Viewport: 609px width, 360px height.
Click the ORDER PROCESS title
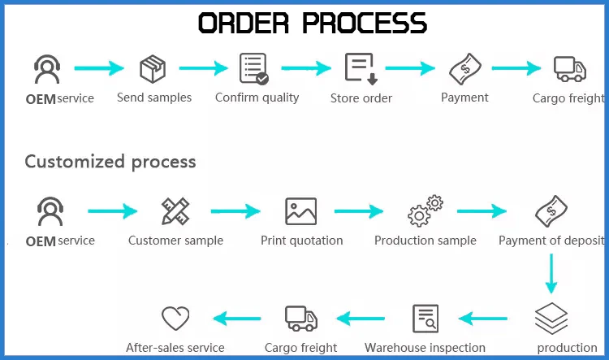click(x=313, y=24)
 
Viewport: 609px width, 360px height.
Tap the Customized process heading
click(x=110, y=162)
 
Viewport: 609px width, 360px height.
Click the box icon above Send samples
click(x=153, y=68)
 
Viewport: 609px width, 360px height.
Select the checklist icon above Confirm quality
click(x=253, y=68)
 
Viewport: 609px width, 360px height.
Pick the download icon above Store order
click(x=360, y=68)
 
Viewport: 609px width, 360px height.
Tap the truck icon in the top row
click(x=569, y=68)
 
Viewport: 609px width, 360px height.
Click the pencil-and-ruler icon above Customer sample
click(x=175, y=211)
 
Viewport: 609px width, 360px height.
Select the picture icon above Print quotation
click(x=300, y=211)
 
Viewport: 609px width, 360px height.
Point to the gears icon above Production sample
click(x=425, y=211)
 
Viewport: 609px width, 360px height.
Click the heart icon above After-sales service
click(x=175, y=318)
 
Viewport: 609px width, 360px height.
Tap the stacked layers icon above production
click(x=551, y=318)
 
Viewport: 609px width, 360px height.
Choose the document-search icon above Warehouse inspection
click(x=425, y=318)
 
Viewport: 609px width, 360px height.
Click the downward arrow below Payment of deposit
click(x=551, y=273)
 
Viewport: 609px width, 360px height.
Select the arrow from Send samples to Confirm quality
click(x=204, y=68)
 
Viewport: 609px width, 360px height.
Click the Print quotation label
click(x=301, y=241)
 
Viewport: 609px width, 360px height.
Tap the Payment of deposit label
click(x=551, y=241)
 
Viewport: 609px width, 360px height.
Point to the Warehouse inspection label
click(x=425, y=348)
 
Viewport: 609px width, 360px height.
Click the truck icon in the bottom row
click(x=300, y=318)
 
